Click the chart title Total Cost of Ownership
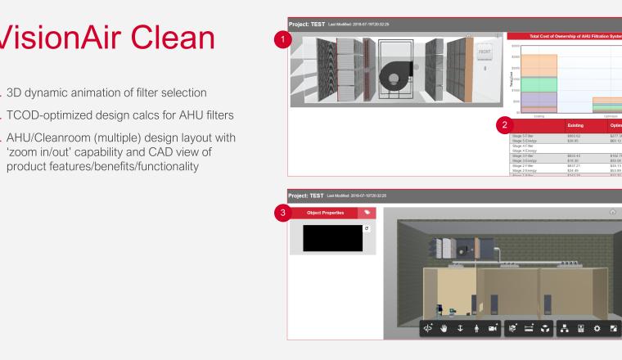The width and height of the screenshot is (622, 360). click(565, 36)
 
